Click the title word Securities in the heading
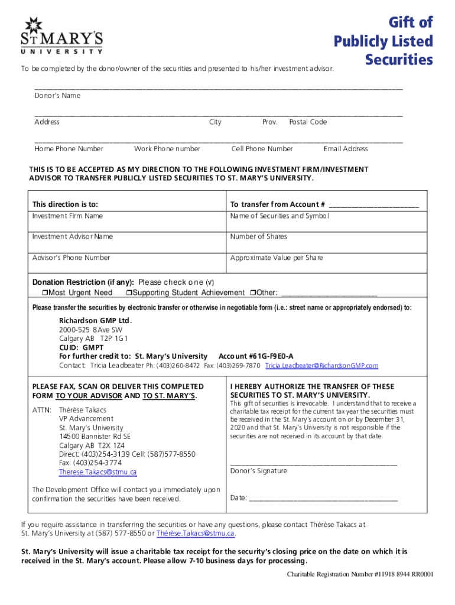399,60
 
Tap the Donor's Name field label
57,96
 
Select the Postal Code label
307,122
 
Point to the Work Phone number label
167,149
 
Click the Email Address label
346,149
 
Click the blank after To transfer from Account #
373,206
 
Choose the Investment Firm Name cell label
67,216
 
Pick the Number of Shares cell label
258,237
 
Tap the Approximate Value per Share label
277,258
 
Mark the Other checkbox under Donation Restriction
252,293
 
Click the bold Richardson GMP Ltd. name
95,321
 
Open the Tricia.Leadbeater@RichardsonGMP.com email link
321,366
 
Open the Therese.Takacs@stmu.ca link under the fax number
97,473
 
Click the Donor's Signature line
313,464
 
